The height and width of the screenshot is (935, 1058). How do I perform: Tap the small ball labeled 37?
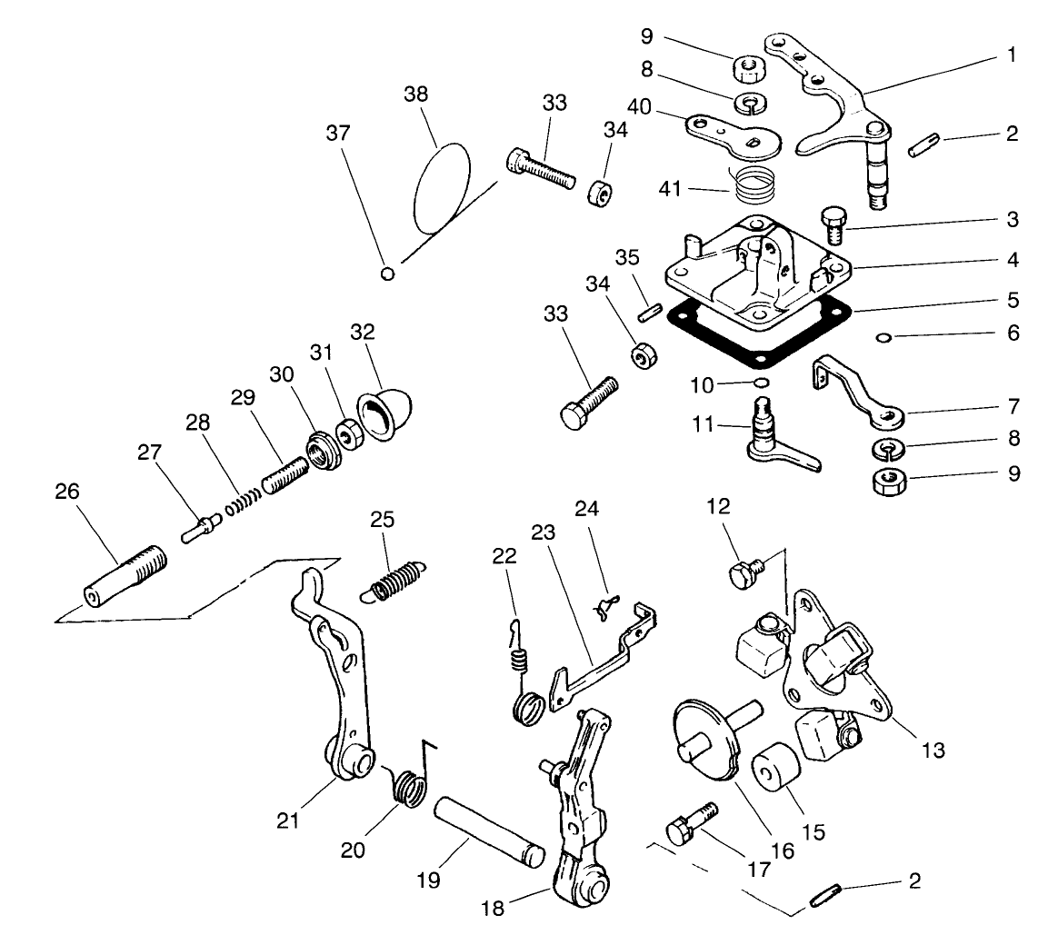point(388,273)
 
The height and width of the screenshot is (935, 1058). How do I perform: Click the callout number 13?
point(934,750)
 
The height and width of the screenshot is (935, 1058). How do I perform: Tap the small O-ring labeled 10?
point(761,382)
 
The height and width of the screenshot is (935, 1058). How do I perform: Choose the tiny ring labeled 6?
point(882,338)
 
